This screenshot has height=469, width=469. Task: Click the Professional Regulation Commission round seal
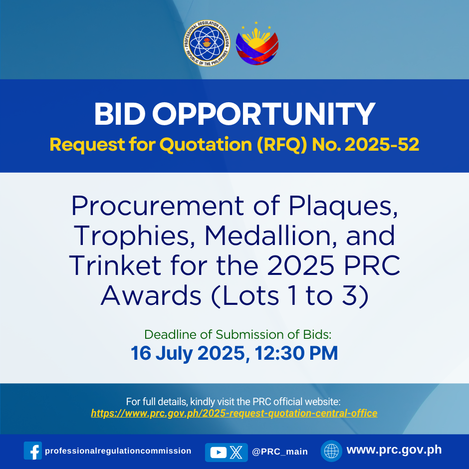coord(207,43)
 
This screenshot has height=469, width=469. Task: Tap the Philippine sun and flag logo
coord(257,44)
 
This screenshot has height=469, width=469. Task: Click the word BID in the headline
coord(120,114)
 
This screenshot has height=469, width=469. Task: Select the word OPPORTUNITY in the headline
coord(263,114)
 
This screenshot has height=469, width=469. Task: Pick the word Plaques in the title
coord(343,207)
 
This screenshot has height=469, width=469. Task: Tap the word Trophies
coord(132,237)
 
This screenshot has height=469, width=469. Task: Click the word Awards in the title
coord(151,295)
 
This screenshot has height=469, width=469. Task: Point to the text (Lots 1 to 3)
coord(289,296)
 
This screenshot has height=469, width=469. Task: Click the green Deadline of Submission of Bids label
coord(238,334)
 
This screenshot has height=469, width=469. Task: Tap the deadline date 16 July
coord(162,353)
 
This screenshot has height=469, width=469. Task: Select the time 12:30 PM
coord(296,353)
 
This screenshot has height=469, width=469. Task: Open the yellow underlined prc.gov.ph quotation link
coord(234,413)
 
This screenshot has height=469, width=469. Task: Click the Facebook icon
coord(33,451)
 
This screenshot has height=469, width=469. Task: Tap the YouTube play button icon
coord(219,452)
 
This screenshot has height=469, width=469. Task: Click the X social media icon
coord(236,452)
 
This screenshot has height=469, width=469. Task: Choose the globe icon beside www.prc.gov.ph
coord(331,451)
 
